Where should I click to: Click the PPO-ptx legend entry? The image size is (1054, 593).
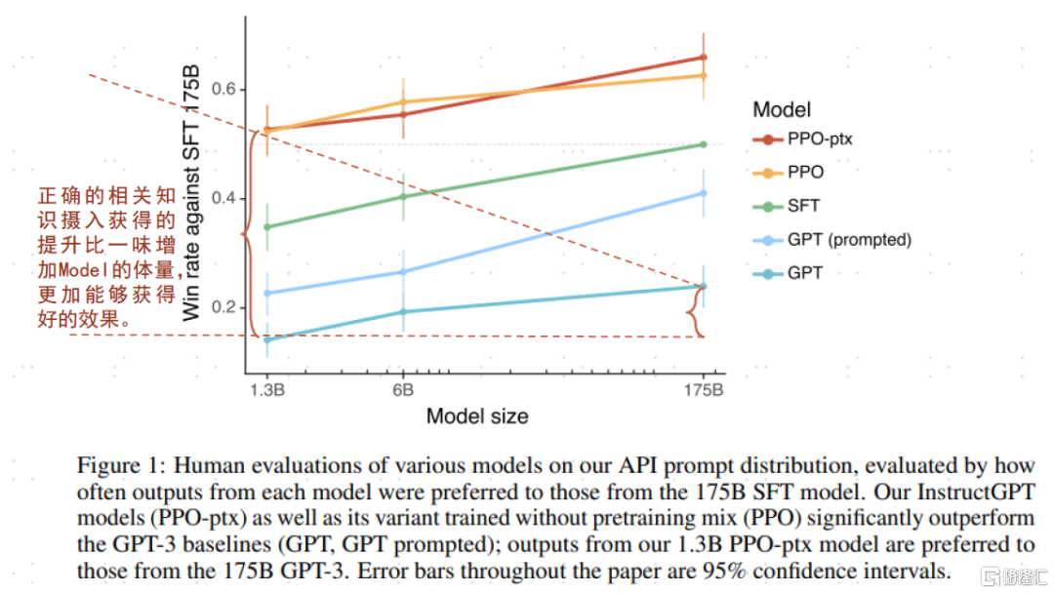click(x=820, y=138)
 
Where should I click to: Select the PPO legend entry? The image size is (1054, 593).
click(x=805, y=172)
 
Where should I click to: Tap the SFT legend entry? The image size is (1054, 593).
click(x=803, y=206)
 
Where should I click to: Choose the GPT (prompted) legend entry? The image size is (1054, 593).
click(x=848, y=240)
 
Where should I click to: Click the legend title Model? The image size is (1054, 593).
click(x=782, y=110)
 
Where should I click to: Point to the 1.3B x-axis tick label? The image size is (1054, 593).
click(x=266, y=389)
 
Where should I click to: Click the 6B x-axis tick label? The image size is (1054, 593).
click(x=402, y=389)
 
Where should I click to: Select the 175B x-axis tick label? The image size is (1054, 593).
click(x=704, y=389)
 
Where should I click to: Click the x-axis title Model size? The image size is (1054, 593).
click(x=477, y=416)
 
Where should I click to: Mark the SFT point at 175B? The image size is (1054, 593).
click(x=704, y=144)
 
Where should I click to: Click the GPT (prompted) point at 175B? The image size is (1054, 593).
click(x=704, y=193)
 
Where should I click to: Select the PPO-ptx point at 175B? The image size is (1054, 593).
click(x=704, y=58)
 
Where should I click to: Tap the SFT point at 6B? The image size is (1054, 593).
click(x=403, y=197)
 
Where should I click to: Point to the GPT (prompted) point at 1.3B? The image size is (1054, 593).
click(x=266, y=294)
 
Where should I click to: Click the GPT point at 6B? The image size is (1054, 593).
click(x=403, y=312)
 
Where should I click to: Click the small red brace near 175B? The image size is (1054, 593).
click(x=693, y=312)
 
